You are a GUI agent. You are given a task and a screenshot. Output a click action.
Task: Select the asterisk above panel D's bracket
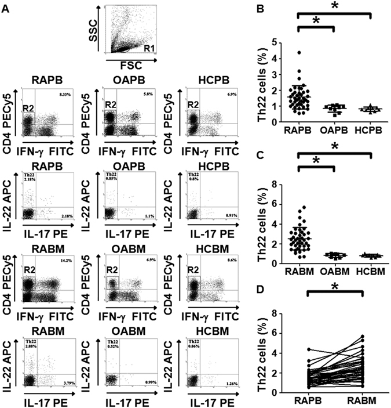coord(334,286)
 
